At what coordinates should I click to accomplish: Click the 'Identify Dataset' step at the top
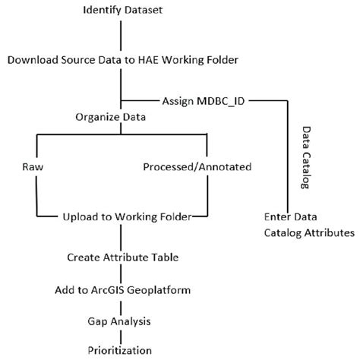point(122,10)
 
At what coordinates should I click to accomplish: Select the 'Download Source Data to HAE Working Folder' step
point(122,58)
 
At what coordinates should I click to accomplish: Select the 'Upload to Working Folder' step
point(126,216)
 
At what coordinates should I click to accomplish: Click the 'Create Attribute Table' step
point(122,257)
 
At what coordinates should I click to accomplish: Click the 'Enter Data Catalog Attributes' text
point(308,223)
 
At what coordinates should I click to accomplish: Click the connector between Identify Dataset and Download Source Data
point(122,34)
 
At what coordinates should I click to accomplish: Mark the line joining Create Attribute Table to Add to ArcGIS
point(122,273)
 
